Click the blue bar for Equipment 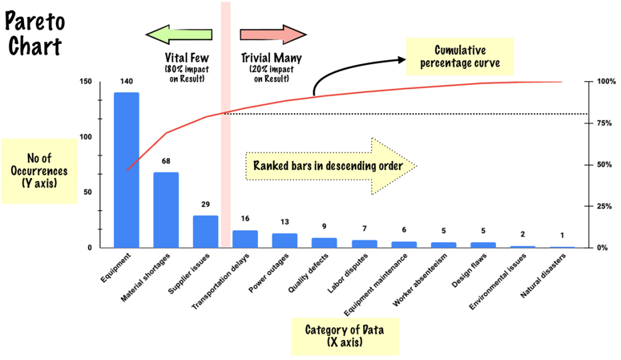click(127, 170)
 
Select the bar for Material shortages click(166, 210)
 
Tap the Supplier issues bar click(206, 232)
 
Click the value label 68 click(166, 161)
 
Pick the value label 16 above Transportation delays click(245, 218)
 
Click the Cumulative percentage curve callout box click(460, 56)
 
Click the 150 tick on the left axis click(85, 82)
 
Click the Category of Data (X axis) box click(344, 336)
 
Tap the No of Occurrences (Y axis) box click(38, 171)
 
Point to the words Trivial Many click(271, 58)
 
